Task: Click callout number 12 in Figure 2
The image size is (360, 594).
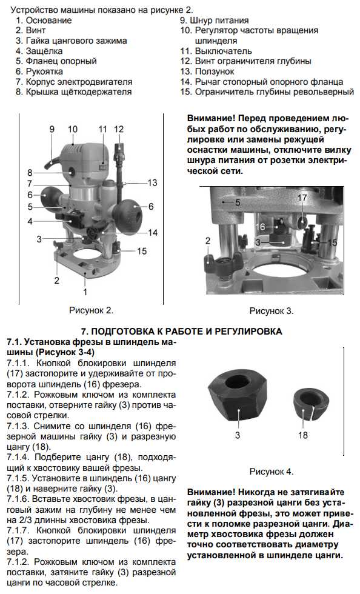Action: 119,129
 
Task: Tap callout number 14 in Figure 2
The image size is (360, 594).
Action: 152,232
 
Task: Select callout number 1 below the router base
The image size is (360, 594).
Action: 85,292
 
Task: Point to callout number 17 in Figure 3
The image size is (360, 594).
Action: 302,198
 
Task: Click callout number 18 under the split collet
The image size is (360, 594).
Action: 303,435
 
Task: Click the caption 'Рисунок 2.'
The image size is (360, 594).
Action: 91,310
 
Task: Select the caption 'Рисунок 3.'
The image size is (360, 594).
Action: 272,311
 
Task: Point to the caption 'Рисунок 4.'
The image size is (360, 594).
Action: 272,472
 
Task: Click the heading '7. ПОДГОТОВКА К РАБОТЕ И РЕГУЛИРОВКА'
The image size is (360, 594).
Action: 182,332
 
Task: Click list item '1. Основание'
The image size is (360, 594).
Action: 44,20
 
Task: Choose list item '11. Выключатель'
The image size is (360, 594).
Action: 216,51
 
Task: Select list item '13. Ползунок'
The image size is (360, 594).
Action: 207,72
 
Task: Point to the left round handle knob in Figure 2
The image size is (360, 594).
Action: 48,196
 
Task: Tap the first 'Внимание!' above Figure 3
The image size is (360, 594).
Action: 211,118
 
